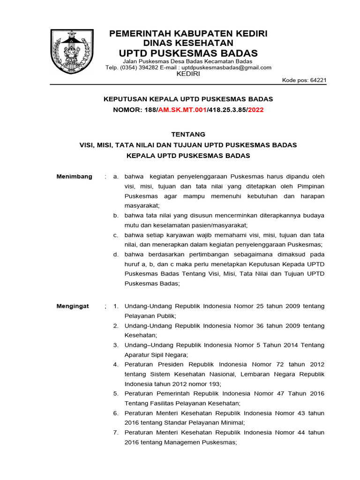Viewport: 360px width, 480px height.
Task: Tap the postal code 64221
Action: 317,80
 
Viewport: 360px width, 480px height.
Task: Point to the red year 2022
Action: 256,110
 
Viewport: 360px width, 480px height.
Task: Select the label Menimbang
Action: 75,177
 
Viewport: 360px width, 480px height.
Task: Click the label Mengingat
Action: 73,306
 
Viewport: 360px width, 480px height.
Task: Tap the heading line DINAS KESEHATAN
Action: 188,43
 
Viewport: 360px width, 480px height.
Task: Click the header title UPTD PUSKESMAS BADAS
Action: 188,52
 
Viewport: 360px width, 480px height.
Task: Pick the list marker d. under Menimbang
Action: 115,255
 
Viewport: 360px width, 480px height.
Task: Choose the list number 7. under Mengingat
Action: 115,433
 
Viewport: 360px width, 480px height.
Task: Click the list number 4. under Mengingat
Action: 115,364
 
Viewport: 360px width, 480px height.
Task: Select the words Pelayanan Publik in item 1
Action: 147,316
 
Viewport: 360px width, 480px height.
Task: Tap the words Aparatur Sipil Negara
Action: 155,355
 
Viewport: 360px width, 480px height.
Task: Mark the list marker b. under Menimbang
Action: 115,216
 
